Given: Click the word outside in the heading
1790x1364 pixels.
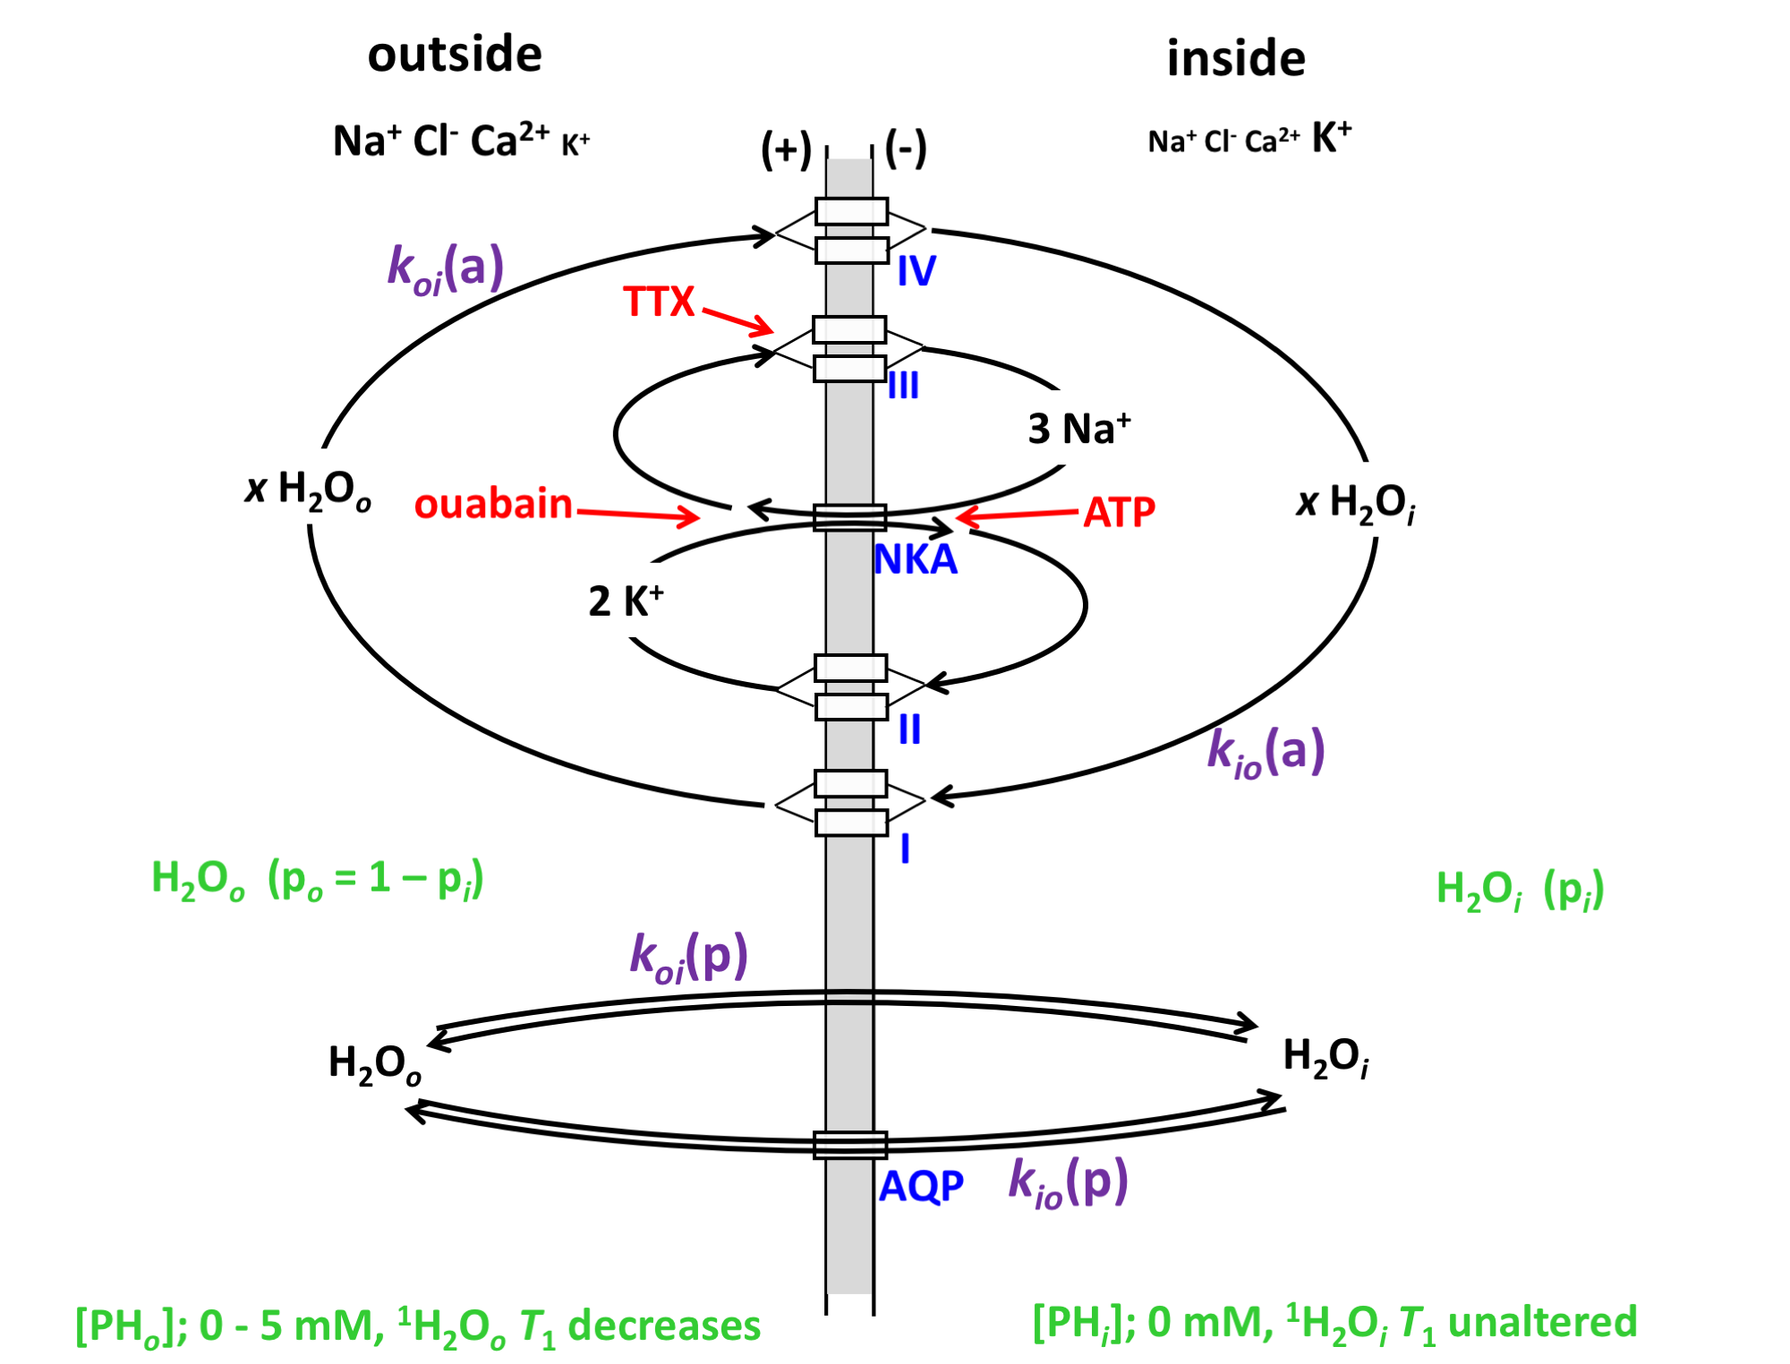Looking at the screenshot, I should point(455,55).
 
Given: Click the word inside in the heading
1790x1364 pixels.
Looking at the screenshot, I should point(1235,59).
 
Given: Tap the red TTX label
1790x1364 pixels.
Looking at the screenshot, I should point(659,302).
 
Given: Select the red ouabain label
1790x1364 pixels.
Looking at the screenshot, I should point(492,504).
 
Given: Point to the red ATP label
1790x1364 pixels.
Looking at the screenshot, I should point(1119,513).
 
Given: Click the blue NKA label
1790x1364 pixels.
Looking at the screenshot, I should point(915,560).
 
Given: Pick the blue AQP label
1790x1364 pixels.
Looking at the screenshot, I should point(921,1187).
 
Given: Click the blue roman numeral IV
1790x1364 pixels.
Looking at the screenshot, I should point(916,271).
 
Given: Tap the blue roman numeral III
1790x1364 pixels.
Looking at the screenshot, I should point(903,387).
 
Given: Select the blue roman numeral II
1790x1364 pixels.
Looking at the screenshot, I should point(909,730).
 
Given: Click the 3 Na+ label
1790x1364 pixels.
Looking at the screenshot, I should point(1078,428).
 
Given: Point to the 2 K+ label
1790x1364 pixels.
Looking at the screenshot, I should point(626,601).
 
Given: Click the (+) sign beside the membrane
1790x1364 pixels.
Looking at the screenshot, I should point(786,149).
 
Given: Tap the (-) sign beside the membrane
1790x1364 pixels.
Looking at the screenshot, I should point(906,149).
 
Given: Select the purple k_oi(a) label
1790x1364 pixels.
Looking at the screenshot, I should point(446,269).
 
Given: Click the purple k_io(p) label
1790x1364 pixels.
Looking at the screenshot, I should point(1068,1182).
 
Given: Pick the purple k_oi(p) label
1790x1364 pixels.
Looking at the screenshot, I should point(688,957).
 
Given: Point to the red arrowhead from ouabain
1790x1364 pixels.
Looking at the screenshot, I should point(691,516).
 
